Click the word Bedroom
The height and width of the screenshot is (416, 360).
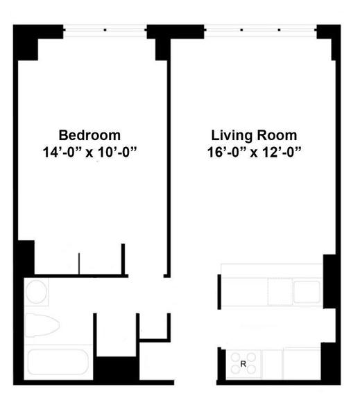89,135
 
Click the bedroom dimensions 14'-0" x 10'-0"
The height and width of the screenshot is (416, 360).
89,151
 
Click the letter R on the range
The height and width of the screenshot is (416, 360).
243,363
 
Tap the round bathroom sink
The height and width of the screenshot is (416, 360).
37,292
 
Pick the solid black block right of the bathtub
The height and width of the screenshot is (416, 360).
114,369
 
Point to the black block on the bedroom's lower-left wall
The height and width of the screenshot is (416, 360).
24,257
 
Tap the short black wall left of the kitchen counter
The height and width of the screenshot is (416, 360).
220,291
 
